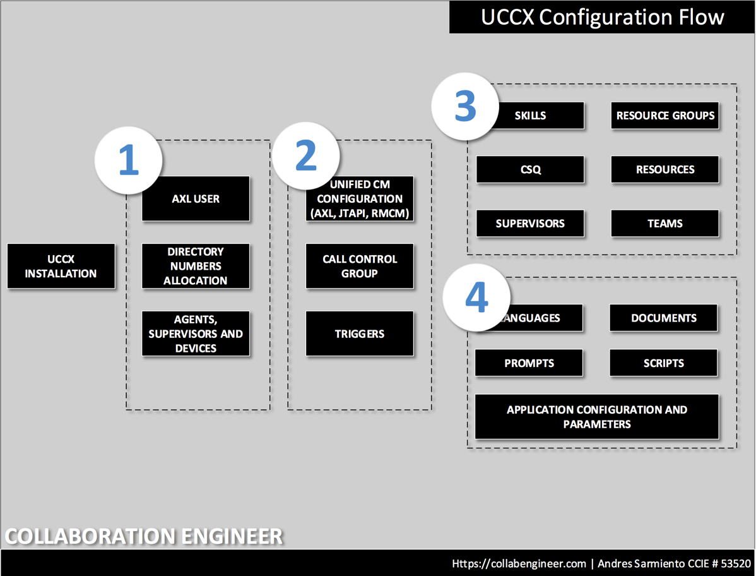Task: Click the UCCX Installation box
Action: (x=61, y=266)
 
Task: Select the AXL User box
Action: (x=196, y=199)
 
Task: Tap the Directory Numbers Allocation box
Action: (x=196, y=266)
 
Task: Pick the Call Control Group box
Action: (x=360, y=266)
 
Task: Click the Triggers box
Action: (x=360, y=333)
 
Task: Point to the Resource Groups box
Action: (x=665, y=116)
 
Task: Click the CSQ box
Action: (x=530, y=169)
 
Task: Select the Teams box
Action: (x=665, y=223)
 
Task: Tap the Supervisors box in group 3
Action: (x=530, y=223)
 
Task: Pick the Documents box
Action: (x=663, y=318)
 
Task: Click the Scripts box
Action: (x=663, y=363)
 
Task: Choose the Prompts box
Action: (x=529, y=363)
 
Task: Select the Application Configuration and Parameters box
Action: (x=596, y=417)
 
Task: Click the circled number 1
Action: (x=129, y=160)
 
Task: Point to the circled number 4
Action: (x=476, y=297)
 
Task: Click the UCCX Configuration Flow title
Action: (x=602, y=17)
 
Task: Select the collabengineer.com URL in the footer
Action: (x=519, y=563)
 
